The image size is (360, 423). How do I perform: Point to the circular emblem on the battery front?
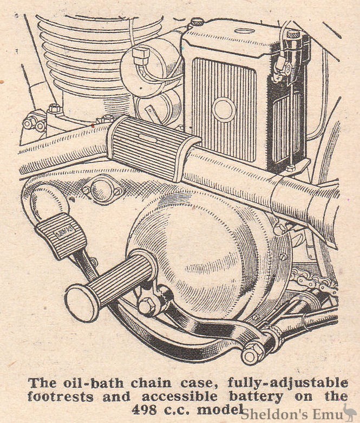click(224, 109)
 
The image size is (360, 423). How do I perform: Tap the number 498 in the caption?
click(144, 411)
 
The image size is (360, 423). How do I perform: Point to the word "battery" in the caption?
click(257, 397)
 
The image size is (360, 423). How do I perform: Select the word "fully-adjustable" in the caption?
click(288, 383)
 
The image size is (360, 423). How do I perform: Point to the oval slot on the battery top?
click(246, 30)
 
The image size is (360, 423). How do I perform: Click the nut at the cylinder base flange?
click(54, 109)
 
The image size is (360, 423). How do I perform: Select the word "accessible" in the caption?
click(179, 397)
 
